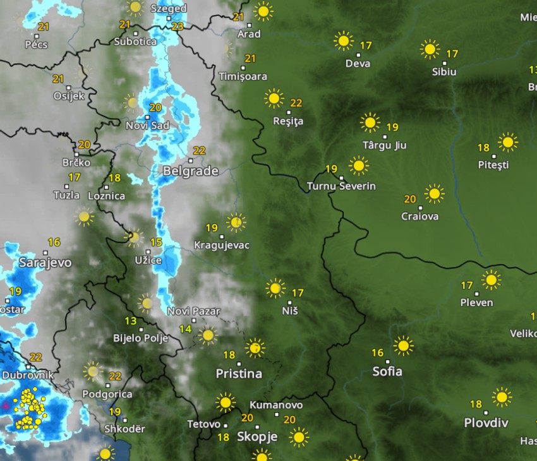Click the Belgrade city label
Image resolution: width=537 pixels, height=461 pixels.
[191, 171]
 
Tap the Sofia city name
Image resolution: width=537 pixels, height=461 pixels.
[387, 371]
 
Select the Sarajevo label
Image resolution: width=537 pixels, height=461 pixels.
[45, 263]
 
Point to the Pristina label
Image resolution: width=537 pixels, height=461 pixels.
[239, 374]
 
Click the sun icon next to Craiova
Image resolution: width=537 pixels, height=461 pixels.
[434, 193]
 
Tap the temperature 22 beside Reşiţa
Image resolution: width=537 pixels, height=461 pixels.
[296, 103]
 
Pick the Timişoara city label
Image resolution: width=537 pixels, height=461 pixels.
[243, 76]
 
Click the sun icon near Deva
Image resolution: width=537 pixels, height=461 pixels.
[343, 41]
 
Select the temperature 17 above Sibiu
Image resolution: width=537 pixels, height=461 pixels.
[452, 54]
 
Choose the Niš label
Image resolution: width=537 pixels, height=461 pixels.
[290, 311]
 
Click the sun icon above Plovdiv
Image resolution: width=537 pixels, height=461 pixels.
[501, 397]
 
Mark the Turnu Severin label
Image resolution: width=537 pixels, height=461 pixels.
[341, 186]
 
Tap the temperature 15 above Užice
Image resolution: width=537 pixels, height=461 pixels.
[155, 242]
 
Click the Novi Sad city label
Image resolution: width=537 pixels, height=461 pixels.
[147, 126]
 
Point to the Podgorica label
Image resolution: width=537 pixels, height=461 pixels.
[107, 394]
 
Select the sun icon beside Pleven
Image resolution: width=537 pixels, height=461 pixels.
[490, 279]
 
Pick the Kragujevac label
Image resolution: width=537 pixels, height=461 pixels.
[222, 246]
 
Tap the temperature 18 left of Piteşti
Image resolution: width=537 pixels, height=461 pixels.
[483, 148]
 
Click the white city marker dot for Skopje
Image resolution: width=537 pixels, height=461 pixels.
[256, 427]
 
